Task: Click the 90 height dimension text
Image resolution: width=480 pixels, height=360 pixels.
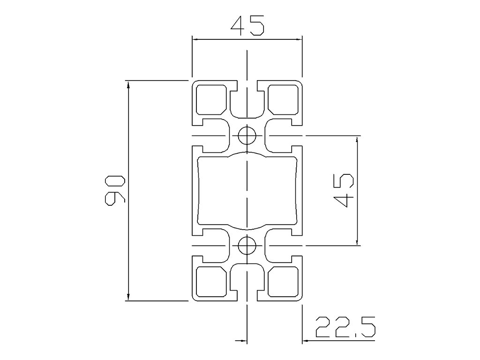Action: click(x=115, y=191)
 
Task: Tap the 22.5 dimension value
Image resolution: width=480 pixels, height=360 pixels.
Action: click(x=345, y=328)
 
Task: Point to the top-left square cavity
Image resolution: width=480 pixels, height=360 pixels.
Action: click(x=210, y=99)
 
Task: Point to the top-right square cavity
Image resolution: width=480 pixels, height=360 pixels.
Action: click(x=283, y=99)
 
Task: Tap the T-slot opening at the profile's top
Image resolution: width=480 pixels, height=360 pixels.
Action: click(x=247, y=101)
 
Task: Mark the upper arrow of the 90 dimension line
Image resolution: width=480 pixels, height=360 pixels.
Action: click(x=127, y=84)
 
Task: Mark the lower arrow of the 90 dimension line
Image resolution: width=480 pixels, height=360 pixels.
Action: click(x=127, y=296)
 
